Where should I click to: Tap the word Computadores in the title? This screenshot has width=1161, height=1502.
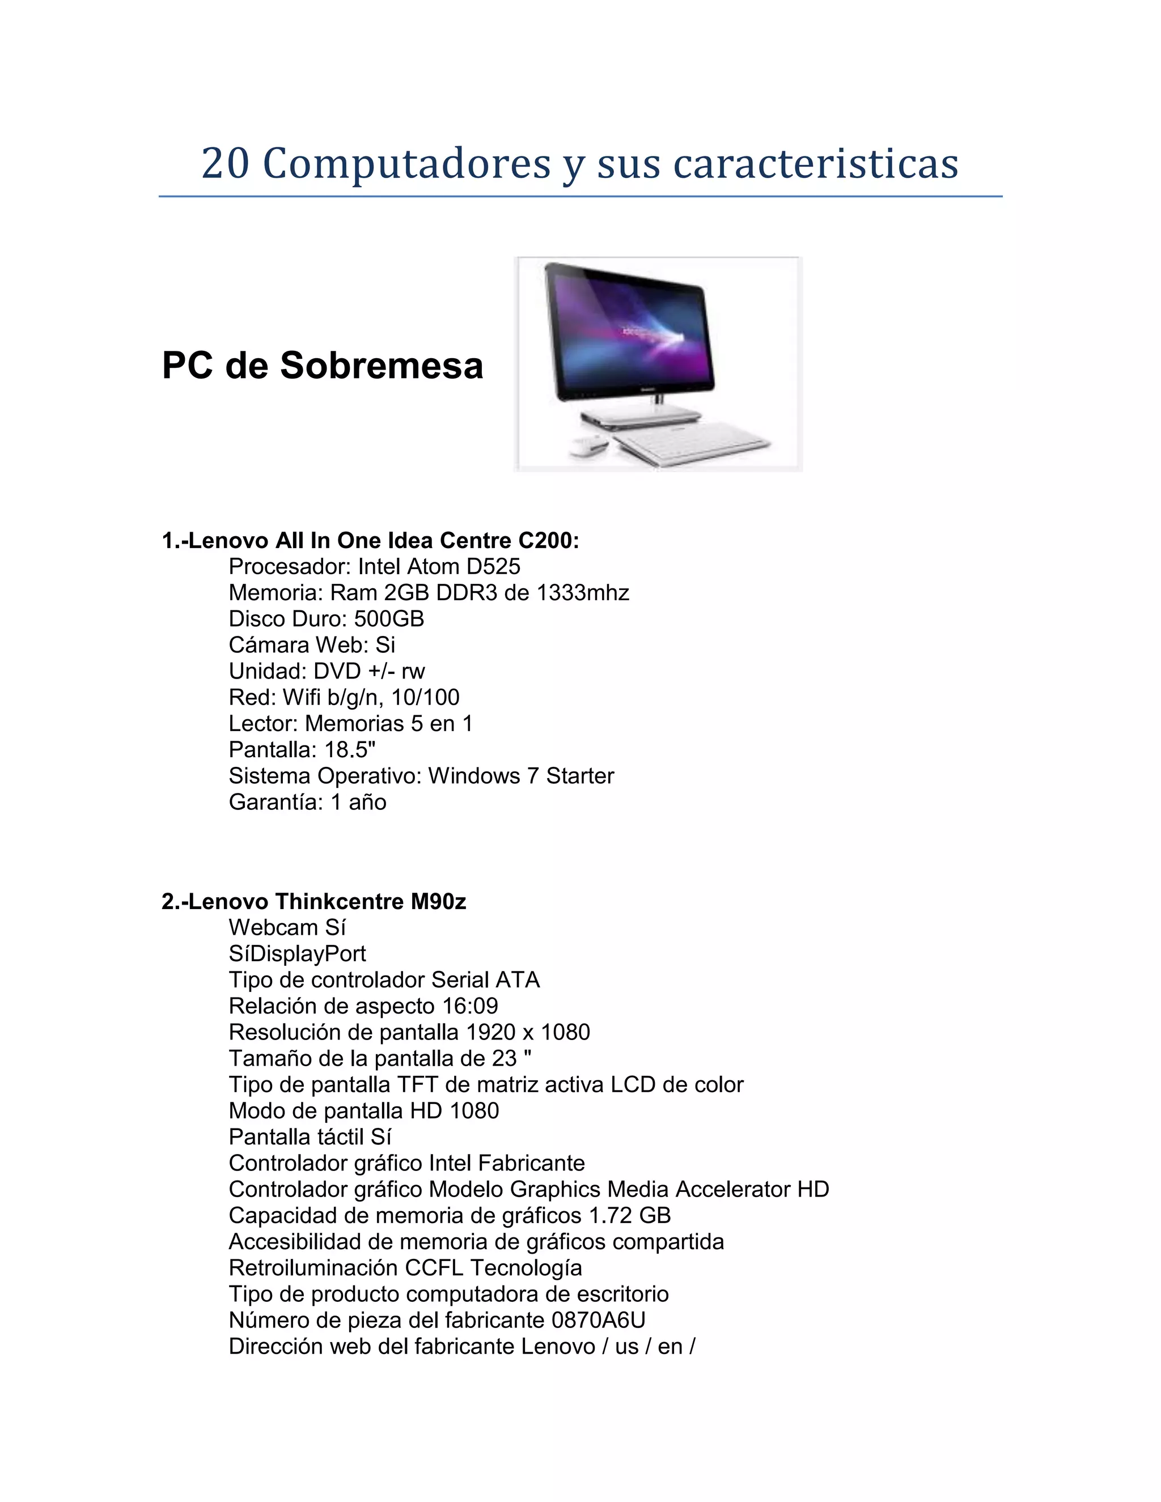(x=406, y=164)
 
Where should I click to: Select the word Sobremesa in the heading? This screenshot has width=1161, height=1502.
(x=381, y=365)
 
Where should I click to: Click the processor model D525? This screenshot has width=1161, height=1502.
(x=493, y=567)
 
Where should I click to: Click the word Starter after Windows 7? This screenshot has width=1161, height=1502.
(x=579, y=776)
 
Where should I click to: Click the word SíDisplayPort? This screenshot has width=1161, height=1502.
(x=297, y=954)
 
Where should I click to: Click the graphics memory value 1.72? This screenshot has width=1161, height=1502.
(x=609, y=1215)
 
